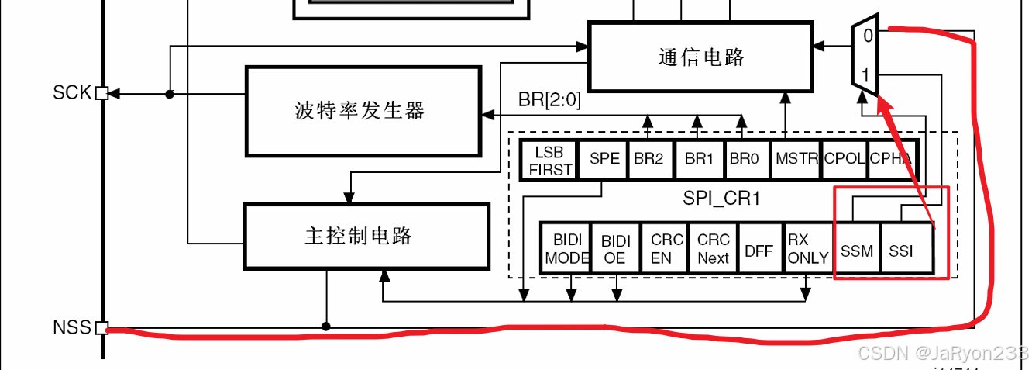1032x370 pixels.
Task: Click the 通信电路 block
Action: click(x=702, y=57)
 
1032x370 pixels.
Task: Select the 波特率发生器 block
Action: click(x=362, y=111)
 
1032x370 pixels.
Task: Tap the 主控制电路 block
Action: click(x=366, y=237)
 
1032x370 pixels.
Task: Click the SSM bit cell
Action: click(x=857, y=251)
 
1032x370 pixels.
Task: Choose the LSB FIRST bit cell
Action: click(x=551, y=161)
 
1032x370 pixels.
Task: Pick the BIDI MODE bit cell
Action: click(x=566, y=248)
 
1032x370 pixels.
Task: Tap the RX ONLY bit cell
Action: click(x=807, y=248)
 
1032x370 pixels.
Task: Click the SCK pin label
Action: click(x=72, y=93)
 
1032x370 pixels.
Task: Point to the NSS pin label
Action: click(x=72, y=327)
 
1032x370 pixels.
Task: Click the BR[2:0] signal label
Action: click(x=549, y=101)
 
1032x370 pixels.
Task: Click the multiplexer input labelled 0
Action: click(x=868, y=36)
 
